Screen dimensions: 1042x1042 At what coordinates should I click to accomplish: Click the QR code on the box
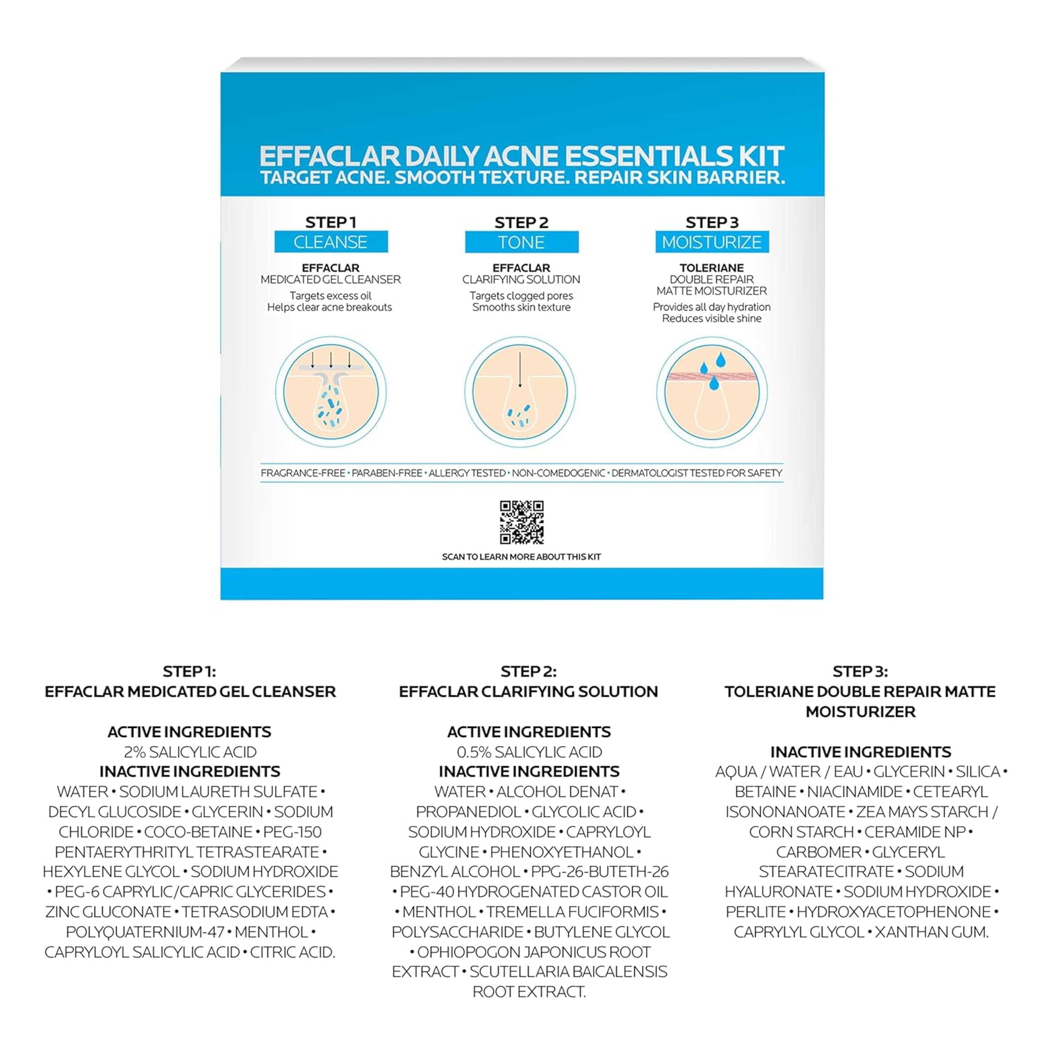[x=522, y=522]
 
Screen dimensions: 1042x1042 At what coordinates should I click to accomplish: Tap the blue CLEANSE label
[x=331, y=242]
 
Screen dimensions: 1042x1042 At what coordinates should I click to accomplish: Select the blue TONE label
[x=522, y=242]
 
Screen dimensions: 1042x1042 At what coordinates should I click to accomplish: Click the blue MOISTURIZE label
[x=712, y=242]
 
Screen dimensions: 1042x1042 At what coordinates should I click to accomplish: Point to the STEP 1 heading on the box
[x=331, y=222]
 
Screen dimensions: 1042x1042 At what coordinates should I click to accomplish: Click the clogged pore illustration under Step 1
[x=331, y=392]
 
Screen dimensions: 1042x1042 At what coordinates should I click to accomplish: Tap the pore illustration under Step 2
[x=520, y=392]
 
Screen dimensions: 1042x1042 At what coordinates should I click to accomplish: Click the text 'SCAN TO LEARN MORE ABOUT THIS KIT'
[x=521, y=556]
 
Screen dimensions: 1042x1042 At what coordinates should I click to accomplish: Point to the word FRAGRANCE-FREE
[x=303, y=473]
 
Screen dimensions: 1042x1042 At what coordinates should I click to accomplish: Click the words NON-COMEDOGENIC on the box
[x=559, y=473]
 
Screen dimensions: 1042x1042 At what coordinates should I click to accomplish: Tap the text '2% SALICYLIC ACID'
[x=190, y=752]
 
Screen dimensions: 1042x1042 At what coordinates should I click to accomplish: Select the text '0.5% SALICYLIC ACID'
[x=529, y=752]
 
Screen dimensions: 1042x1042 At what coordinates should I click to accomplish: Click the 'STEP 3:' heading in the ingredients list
[x=860, y=672]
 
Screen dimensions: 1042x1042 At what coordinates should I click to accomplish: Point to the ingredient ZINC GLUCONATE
[x=108, y=911]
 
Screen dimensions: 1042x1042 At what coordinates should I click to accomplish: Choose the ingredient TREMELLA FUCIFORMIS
[x=572, y=911]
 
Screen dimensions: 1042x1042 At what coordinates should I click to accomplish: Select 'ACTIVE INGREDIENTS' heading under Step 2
[x=529, y=731]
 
